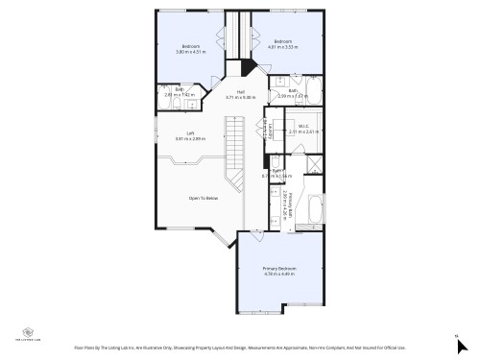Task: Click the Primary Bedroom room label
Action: (279, 267)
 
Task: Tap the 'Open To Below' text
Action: (203, 198)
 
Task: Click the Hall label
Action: (241, 91)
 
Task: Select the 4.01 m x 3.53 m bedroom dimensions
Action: (282, 46)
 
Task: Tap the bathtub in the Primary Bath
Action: (313, 211)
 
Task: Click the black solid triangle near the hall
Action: (247, 68)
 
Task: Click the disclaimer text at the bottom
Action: (240, 348)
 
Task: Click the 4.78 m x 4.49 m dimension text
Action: (279, 274)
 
